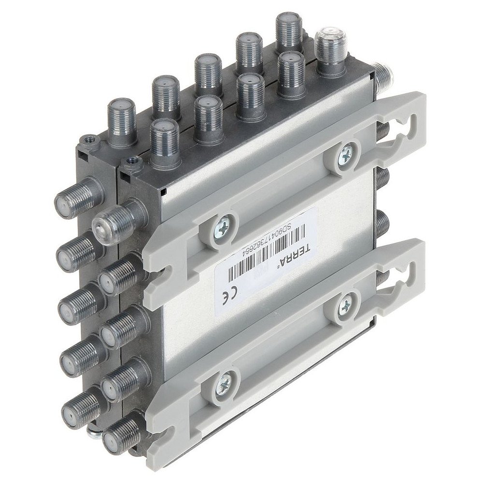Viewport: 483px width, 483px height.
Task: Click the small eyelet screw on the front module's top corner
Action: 129,161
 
